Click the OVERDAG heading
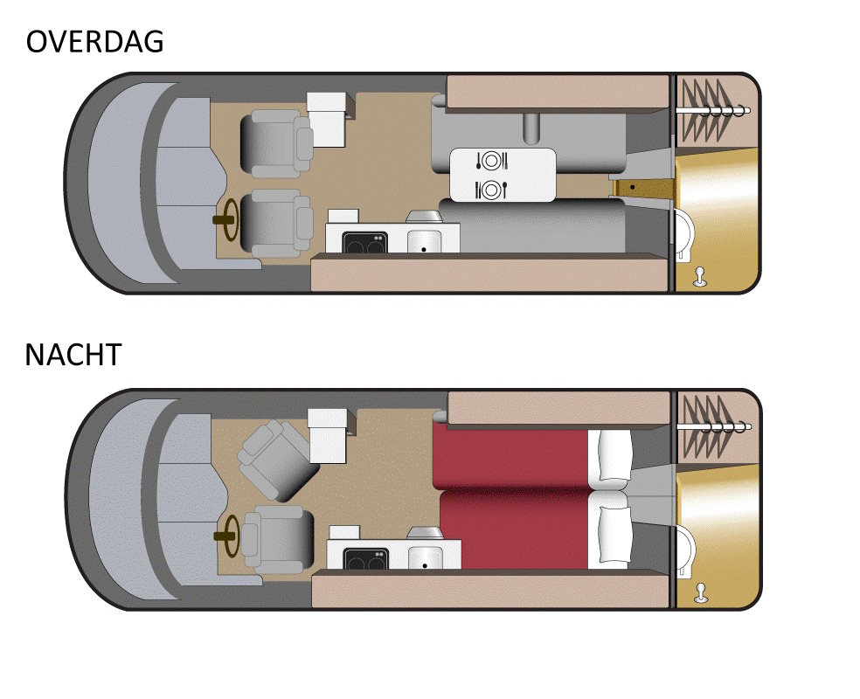click(x=95, y=42)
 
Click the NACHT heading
click(x=73, y=355)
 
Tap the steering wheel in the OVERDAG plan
click(x=227, y=220)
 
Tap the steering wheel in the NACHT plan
click(x=227, y=536)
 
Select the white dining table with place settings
click(x=503, y=175)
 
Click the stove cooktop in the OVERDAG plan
click(x=364, y=242)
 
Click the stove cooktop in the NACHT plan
click(x=366, y=558)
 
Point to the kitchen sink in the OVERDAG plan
click(x=424, y=241)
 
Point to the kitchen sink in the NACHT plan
click(x=425, y=557)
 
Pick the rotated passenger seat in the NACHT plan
click(x=277, y=460)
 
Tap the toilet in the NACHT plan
click(x=685, y=550)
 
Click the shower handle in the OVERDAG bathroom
click(x=700, y=277)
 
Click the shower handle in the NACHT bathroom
click(x=700, y=594)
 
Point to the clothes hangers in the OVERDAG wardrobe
click(x=712, y=109)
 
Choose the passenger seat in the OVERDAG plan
click(x=276, y=143)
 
